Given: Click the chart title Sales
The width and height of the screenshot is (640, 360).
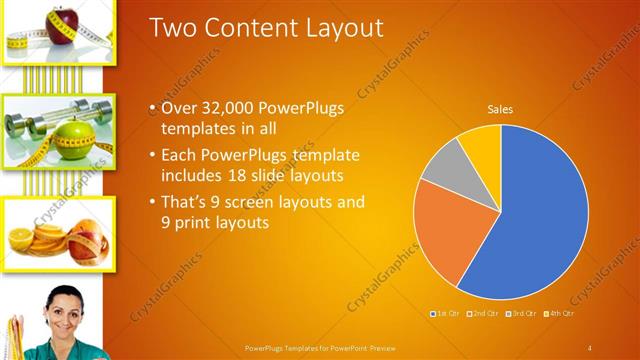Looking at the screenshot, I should click(500, 109).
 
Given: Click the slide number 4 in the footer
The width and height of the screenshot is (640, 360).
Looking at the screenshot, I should click(590, 347).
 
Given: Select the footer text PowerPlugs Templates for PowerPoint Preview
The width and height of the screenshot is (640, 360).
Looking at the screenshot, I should click(320, 347).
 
